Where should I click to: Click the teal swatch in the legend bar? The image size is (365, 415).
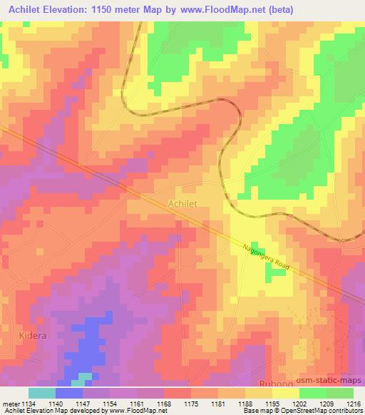41,393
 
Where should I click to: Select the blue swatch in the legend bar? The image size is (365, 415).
69,393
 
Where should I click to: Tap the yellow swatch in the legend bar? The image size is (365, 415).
285,393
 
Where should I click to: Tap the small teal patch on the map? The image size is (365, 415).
85,377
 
